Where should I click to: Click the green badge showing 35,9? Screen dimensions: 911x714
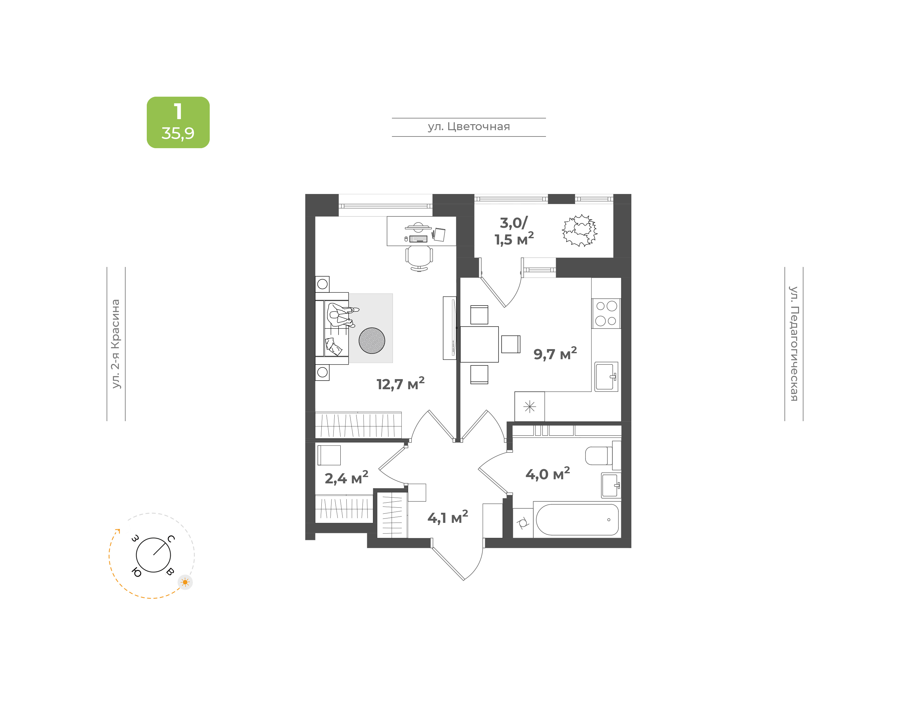[x=178, y=122]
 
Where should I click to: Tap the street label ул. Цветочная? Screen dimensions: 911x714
[x=469, y=127]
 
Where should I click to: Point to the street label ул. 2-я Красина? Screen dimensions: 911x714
[x=115, y=344]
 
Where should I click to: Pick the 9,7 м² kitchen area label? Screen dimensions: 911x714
[x=555, y=353]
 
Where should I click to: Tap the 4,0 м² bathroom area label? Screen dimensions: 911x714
[x=547, y=474]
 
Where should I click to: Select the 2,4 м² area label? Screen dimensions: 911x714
[x=346, y=477]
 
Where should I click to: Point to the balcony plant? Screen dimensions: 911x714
[x=579, y=230]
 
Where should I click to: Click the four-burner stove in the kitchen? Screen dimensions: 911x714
[x=606, y=313]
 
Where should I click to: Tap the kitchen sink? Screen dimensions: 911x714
[x=606, y=377]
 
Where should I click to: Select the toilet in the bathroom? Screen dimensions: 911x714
[x=599, y=456]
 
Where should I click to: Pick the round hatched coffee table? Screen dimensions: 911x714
[x=372, y=340]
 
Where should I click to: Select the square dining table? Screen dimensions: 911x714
[x=479, y=344]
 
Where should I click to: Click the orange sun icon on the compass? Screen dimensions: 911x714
[x=185, y=582]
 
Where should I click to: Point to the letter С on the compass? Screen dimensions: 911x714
[x=171, y=538]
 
